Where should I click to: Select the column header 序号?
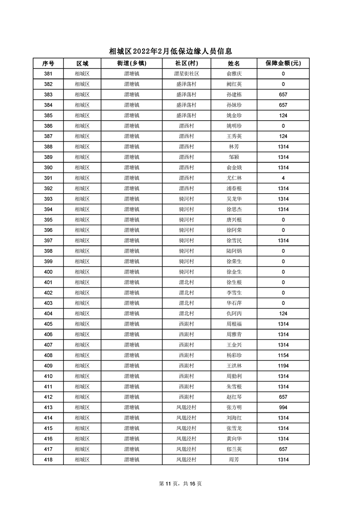click(x=48, y=64)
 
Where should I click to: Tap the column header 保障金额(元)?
click(x=283, y=64)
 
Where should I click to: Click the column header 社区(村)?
click(x=187, y=64)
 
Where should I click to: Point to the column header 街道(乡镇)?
click(x=132, y=64)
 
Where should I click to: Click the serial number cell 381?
click(x=48, y=74)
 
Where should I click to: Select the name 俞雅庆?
click(x=234, y=74)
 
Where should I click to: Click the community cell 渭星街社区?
click(x=187, y=74)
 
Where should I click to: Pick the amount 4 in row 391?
click(x=283, y=178)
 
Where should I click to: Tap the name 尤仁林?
click(x=234, y=178)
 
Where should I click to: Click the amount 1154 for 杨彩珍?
click(x=283, y=356)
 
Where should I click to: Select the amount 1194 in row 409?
click(x=283, y=366)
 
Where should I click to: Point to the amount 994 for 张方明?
click(x=283, y=408)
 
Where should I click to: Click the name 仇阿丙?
click(x=234, y=314)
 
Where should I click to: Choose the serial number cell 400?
click(x=48, y=272)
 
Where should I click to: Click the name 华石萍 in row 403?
click(x=234, y=303)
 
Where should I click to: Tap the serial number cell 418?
click(x=48, y=460)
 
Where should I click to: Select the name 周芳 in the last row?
click(x=234, y=460)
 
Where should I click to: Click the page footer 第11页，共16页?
click(x=180, y=484)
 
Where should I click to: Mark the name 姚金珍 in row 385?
click(x=234, y=116)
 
